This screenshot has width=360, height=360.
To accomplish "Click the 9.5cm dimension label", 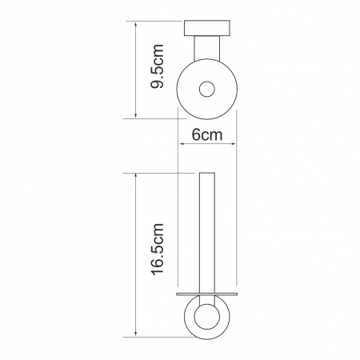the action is pyautogui.click(x=157, y=66).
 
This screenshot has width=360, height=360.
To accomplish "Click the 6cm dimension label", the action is pyautogui.click(x=207, y=134).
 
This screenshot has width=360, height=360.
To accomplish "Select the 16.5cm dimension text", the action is pyautogui.click(x=157, y=249).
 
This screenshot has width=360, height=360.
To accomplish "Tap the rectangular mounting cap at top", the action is pyautogui.click(x=207, y=28).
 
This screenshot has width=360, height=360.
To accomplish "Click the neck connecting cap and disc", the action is pyautogui.click(x=207, y=48).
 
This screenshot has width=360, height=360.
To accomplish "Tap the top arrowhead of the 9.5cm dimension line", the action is pyautogui.click(x=136, y=25).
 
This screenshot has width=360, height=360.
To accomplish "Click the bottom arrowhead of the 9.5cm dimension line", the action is pyautogui.click(x=136, y=114).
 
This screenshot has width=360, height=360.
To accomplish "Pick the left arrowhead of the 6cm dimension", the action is pyautogui.click(x=182, y=144).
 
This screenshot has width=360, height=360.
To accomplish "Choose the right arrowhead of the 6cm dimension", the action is pyautogui.click(x=233, y=144).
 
